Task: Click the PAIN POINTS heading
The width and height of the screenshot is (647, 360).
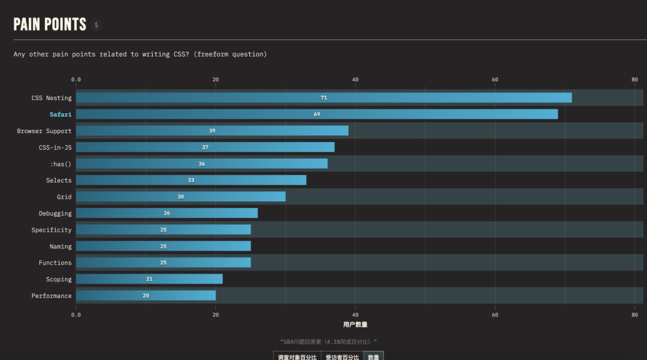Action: coord(50,25)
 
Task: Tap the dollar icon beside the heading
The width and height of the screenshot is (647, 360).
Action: coord(96,25)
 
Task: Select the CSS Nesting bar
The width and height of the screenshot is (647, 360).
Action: coord(323,98)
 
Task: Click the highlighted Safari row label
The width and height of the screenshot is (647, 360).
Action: coord(61,114)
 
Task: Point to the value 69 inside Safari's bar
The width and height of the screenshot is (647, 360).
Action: coord(317,114)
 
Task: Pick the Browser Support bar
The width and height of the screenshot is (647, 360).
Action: coord(212,131)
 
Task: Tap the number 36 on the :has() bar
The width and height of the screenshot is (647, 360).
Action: coord(202,164)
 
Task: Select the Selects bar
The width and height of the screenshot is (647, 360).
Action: coord(191,180)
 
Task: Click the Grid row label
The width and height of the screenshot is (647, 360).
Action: coord(64,197)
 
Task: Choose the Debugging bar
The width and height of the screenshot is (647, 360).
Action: coord(167,213)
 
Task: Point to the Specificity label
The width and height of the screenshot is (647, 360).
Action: coord(52,230)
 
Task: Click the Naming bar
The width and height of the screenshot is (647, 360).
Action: coord(164,246)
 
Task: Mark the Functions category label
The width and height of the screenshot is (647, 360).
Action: coord(55,263)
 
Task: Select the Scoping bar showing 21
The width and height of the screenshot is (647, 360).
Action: coord(149,279)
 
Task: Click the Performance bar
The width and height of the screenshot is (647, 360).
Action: coord(146,295)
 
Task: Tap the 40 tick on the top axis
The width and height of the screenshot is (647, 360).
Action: coord(355,80)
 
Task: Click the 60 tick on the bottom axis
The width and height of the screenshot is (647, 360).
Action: coord(495,314)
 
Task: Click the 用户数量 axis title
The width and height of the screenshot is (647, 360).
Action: coord(355,325)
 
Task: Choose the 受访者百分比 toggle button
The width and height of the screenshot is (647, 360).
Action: coord(342,356)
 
